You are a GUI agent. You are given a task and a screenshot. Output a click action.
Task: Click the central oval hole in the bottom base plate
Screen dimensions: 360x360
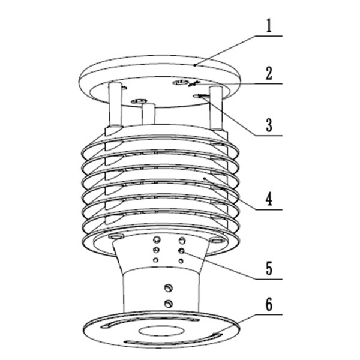pos(160,329)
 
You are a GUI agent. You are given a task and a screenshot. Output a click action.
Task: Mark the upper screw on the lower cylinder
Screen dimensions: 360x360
pos(170,290)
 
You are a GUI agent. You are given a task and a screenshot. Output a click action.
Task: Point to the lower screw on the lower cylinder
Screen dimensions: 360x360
pos(170,302)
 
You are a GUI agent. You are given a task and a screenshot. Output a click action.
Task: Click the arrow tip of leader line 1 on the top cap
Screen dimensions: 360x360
pos(196,62)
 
